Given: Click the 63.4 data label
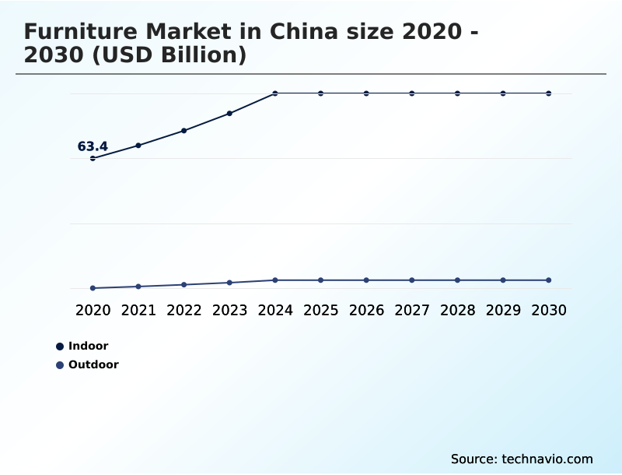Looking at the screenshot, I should (93, 146).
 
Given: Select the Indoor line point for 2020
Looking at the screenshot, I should (93, 158).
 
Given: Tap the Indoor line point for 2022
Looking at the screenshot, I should (184, 131).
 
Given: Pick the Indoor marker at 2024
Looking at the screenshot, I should (275, 93).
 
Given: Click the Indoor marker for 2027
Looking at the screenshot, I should (412, 93).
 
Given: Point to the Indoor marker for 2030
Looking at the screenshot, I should (549, 93).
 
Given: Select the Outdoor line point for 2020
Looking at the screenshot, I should (93, 288).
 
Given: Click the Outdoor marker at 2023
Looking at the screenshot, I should (229, 283).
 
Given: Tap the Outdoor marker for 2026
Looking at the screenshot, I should (366, 280).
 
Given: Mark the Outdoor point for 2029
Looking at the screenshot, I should (503, 280).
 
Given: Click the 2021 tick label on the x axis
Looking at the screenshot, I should (138, 310).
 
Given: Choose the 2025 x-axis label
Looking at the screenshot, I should (320, 310).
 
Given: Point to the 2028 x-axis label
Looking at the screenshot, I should (457, 310).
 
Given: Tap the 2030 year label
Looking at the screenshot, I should (549, 310).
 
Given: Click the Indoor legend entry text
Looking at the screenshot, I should (88, 346).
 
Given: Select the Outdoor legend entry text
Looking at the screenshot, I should (93, 364).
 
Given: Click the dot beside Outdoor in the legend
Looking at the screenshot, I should (60, 364).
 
